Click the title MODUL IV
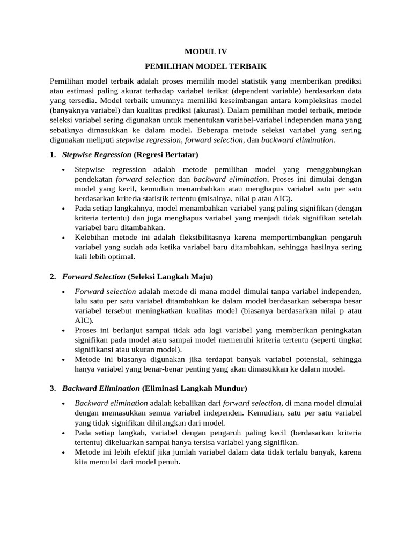click(206, 51)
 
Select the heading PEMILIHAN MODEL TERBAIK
click(206, 66)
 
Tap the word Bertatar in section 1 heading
click(179, 155)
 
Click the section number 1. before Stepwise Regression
click(53, 155)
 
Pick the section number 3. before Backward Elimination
click(53, 388)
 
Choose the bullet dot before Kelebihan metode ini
click(63, 238)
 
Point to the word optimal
click(122, 257)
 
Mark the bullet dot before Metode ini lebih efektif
click(63, 452)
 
